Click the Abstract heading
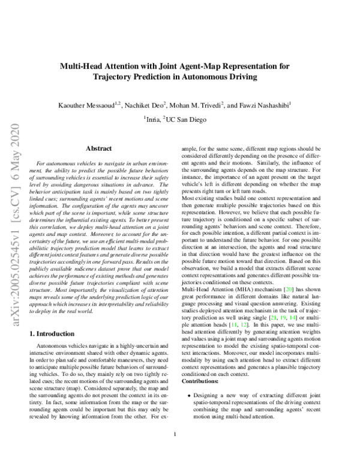(x=99, y=147)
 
